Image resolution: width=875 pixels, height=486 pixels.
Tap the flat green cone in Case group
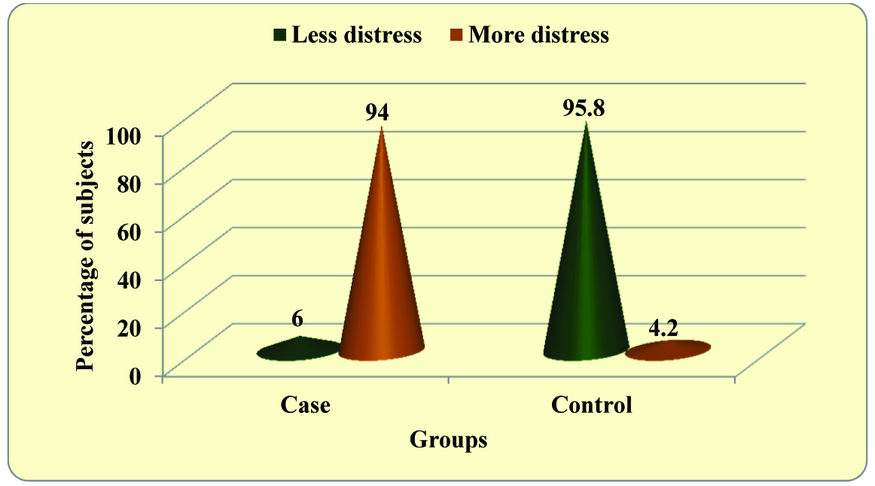pos(298,350)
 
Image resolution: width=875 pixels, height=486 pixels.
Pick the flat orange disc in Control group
pos(669,350)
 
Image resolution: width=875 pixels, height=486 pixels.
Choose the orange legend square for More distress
pos(456,35)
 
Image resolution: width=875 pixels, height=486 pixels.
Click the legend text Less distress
pos(356,35)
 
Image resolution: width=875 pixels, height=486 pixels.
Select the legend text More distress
pos(538,35)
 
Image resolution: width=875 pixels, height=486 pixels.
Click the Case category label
pos(306,405)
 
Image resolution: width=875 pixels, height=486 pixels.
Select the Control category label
pos(591,405)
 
